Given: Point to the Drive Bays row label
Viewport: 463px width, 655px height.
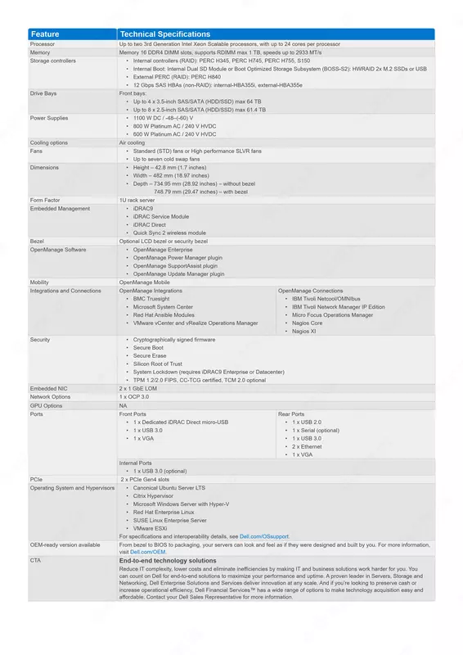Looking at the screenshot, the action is (x=44, y=94).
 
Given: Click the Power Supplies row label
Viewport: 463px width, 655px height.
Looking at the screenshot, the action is (x=49, y=118).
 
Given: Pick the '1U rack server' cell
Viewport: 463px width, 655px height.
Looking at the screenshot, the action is (x=137, y=200).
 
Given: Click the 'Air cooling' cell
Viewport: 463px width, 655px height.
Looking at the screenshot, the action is (x=133, y=142).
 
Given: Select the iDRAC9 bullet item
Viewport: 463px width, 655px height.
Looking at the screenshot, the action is (x=143, y=209).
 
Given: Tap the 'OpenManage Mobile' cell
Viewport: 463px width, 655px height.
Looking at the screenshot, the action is (x=145, y=282).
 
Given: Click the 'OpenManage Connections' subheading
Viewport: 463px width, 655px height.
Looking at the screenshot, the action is (x=310, y=291).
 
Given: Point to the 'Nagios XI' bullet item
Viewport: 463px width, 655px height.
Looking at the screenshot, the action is (x=304, y=331).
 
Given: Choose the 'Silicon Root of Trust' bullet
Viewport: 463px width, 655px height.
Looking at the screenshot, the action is (x=158, y=364).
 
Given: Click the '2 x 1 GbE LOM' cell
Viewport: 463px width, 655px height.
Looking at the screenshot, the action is (x=137, y=388).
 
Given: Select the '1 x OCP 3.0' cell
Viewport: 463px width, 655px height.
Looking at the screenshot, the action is (x=134, y=396).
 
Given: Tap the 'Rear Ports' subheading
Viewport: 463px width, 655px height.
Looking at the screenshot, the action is (x=291, y=414).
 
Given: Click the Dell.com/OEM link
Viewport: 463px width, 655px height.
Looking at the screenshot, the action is (x=142, y=553).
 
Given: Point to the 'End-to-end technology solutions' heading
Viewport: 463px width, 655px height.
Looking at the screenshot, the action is (x=168, y=561).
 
